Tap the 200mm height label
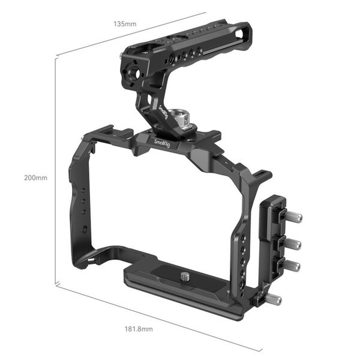35,178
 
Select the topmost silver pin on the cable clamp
294,217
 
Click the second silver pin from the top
294,244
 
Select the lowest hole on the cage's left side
85,229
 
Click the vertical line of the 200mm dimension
56,174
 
